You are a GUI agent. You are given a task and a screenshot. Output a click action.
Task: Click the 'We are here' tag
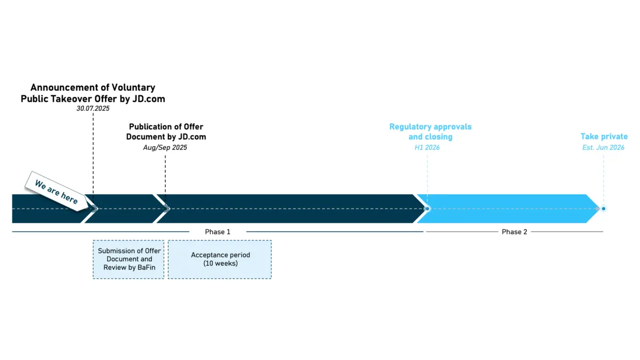point(57,191)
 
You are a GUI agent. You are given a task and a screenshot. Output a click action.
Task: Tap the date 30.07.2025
point(93,108)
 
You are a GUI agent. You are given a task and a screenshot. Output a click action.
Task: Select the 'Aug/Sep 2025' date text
point(165,147)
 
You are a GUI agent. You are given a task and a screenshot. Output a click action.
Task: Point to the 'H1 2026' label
point(427,147)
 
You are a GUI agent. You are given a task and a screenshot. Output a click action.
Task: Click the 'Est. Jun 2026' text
point(603,147)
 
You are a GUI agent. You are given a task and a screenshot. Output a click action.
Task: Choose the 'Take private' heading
point(604,137)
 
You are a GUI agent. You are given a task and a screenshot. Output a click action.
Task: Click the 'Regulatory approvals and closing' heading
point(430,132)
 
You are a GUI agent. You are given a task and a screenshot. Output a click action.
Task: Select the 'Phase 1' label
point(218,232)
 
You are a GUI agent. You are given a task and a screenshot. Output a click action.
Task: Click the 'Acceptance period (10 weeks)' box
point(220,259)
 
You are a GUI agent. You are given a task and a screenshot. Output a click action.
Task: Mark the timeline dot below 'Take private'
point(604,209)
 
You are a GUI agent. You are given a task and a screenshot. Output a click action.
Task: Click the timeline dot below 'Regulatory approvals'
point(427,209)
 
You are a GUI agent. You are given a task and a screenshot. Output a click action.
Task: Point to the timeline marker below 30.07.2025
point(93,209)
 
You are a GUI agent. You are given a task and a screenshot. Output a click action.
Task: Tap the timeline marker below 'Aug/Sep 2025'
point(166,209)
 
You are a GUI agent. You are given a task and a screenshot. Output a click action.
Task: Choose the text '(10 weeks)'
point(220,263)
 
